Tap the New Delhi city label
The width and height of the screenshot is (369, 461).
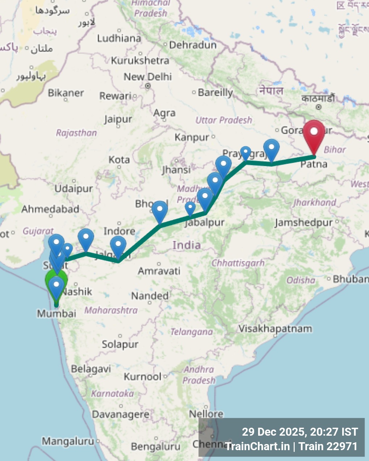point(147,77)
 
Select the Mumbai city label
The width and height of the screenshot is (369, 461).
point(56,313)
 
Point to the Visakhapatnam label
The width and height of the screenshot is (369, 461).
point(275,329)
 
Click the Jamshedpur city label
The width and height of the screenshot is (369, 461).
point(303,223)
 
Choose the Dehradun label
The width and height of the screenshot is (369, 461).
point(193,45)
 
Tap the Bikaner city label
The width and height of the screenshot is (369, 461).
point(66,93)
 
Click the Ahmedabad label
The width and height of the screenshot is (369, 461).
point(50,209)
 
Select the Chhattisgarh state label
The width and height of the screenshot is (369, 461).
point(238,263)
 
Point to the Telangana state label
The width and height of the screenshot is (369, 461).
point(192,332)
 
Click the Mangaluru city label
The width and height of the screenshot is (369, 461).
point(68,441)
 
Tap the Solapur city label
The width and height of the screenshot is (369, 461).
point(120,344)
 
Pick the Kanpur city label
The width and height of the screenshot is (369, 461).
point(192,138)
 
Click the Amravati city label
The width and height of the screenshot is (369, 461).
point(159,271)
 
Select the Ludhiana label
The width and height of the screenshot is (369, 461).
point(119,38)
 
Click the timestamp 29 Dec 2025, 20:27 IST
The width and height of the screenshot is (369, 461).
point(299,432)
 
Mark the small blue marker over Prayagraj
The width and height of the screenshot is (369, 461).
point(246,152)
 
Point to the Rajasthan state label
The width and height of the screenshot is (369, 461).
point(76,133)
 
